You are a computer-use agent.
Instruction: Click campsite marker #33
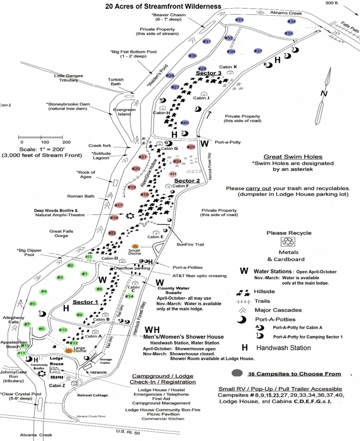239,19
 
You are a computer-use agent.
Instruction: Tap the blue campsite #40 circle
185,123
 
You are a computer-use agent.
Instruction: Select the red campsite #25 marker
191,147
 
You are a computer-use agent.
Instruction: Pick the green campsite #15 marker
89,257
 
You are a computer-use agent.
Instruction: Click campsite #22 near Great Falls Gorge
112,233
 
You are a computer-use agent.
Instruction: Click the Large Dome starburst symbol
68,351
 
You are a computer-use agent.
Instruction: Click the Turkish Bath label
117,82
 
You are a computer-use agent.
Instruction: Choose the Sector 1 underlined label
85,302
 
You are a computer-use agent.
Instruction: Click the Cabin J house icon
203,94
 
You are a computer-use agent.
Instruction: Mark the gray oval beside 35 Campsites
237,373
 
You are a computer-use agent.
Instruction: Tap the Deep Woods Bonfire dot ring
129,216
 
